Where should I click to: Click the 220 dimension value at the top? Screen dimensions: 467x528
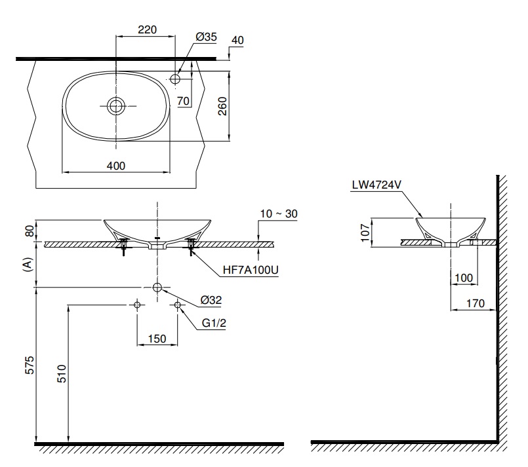147,29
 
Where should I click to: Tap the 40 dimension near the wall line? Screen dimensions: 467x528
237,40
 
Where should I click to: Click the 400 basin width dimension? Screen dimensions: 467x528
115,166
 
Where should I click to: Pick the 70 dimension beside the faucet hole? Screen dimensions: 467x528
182,100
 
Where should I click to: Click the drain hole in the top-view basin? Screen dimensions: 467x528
116,105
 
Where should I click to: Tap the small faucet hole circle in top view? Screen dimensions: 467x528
175,79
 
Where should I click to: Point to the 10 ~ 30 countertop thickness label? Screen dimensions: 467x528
278,214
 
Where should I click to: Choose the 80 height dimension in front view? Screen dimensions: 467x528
28,231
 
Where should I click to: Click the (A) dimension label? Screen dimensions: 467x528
28,264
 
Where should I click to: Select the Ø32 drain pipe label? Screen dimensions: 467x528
211,300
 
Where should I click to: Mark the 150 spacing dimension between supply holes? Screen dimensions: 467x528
156,339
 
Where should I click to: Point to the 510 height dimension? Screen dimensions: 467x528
61,374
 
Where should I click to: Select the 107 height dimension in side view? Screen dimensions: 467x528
365,232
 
